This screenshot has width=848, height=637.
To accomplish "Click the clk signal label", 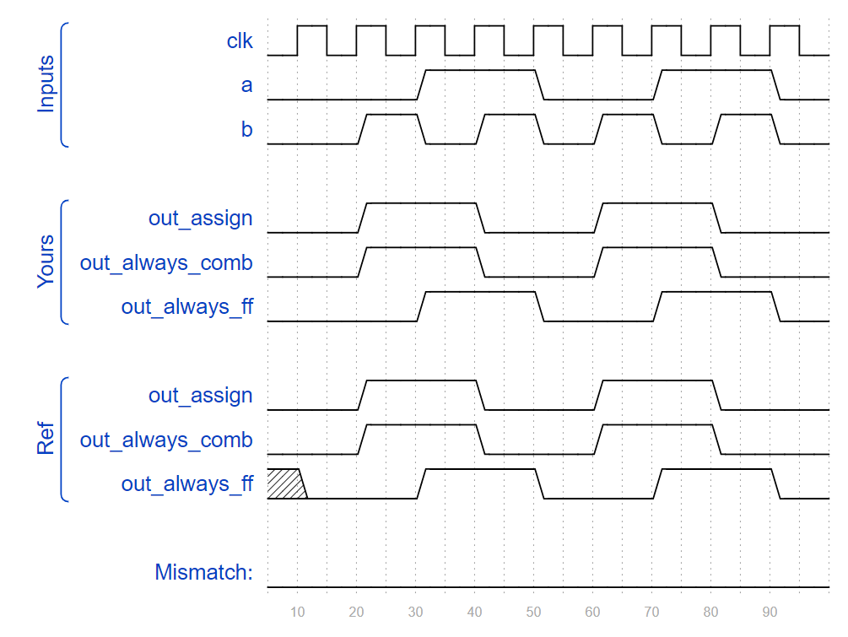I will [240, 40].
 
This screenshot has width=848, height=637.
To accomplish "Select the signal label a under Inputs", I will [246, 85].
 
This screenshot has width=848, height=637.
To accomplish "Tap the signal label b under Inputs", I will [246, 130].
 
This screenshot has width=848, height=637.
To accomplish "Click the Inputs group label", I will [46, 84].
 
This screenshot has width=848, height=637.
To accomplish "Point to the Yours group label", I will [46, 262].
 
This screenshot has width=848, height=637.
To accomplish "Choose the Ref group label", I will [46, 440].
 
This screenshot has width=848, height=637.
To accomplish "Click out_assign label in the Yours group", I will [200, 218].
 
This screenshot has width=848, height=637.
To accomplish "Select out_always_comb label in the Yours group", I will [166, 262].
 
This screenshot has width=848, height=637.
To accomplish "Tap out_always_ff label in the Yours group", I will [186, 306].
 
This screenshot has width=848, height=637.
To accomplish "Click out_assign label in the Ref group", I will [200, 395].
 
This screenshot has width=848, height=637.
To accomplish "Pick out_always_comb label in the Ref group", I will [166, 440].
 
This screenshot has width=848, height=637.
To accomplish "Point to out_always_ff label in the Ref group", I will [186, 483].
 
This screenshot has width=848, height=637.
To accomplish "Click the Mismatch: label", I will [203, 572].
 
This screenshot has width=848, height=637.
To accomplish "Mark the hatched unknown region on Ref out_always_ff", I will [285, 483].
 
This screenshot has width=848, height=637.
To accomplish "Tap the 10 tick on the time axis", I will [297, 611].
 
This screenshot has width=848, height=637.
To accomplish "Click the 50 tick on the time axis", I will [533, 611].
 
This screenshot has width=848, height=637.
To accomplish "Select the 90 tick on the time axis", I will [770, 611].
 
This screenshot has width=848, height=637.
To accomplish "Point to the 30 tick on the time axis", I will [415, 611].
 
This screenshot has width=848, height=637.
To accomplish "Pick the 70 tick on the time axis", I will [651, 611].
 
